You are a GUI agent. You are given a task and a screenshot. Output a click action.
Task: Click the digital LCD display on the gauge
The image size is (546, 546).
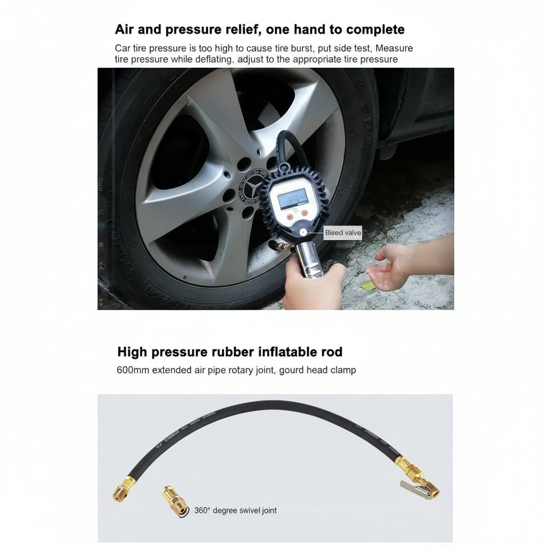(293, 198)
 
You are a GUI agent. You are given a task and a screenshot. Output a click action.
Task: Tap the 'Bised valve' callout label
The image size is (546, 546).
(343, 232)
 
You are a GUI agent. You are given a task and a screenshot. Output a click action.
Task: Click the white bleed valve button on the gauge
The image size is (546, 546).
(303, 232)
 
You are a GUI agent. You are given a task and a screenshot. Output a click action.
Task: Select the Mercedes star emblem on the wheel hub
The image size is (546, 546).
(252, 187)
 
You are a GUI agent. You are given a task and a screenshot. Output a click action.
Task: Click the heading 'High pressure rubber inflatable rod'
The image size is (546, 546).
(230, 352)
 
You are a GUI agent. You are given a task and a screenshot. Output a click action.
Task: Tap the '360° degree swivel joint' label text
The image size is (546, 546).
(235, 510)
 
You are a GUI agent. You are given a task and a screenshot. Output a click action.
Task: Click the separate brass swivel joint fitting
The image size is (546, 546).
(175, 501)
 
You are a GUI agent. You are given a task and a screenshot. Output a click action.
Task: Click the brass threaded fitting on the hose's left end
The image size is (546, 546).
(124, 489)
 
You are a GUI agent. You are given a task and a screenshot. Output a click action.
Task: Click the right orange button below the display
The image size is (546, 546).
(304, 213)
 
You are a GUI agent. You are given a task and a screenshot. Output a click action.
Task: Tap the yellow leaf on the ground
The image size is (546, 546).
(368, 285)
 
